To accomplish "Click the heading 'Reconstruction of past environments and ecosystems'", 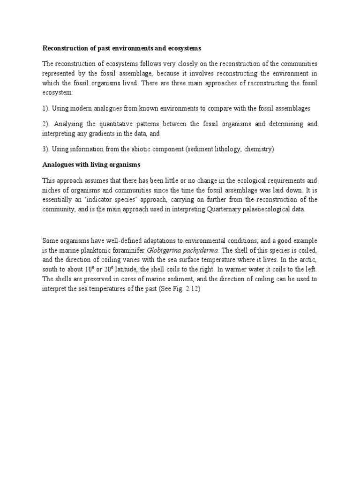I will click(x=122, y=48).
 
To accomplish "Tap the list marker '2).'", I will click(x=46, y=124).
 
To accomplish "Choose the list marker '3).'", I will click(x=46, y=149).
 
